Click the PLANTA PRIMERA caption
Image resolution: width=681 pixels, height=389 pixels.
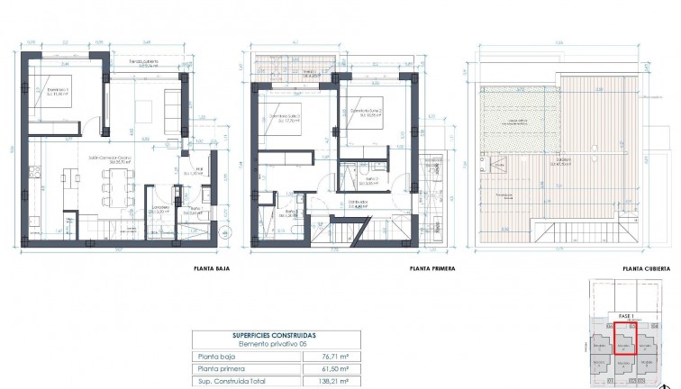(x=431, y=268)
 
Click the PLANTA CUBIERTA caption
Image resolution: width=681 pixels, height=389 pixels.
(x=643, y=268)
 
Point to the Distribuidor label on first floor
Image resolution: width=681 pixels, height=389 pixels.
(x=361, y=204)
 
